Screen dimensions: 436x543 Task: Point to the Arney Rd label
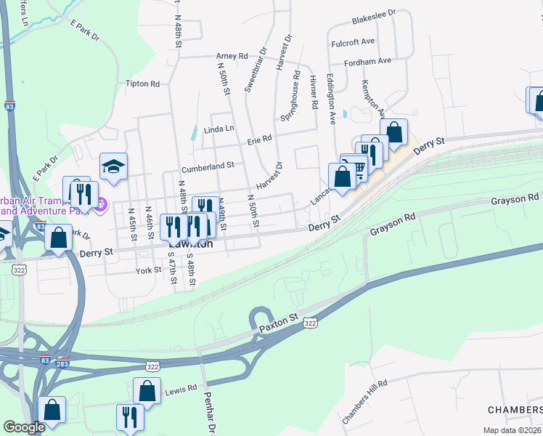point(232,56)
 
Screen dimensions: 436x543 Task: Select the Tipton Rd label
point(142,84)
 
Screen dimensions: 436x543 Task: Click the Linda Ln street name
point(219,129)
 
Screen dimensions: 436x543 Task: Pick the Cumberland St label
point(208,165)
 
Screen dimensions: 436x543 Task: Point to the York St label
point(147,270)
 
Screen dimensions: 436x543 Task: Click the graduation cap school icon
point(113,166)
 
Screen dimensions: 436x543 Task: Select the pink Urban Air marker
point(101,204)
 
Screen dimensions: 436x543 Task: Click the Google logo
point(24,427)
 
